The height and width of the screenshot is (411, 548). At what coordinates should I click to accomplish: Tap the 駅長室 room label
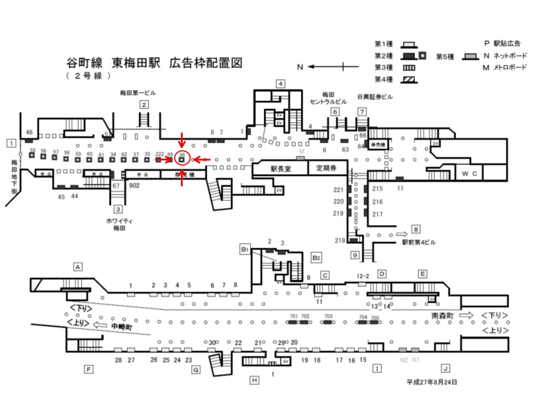[280, 168]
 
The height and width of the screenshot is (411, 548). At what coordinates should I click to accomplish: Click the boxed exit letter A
[78, 266]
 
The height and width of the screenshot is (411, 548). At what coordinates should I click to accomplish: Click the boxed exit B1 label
[244, 249]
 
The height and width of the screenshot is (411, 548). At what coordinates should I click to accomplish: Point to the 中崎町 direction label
[122, 327]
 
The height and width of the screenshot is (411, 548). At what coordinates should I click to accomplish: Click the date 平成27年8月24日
[432, 382]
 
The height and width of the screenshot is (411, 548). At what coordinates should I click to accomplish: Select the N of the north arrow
[299, 67]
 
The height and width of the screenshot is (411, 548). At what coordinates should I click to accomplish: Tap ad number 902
[135, 186]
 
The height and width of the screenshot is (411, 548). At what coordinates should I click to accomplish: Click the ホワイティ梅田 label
[119, 223]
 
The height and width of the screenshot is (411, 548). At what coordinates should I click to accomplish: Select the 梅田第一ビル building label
[137, 92]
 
